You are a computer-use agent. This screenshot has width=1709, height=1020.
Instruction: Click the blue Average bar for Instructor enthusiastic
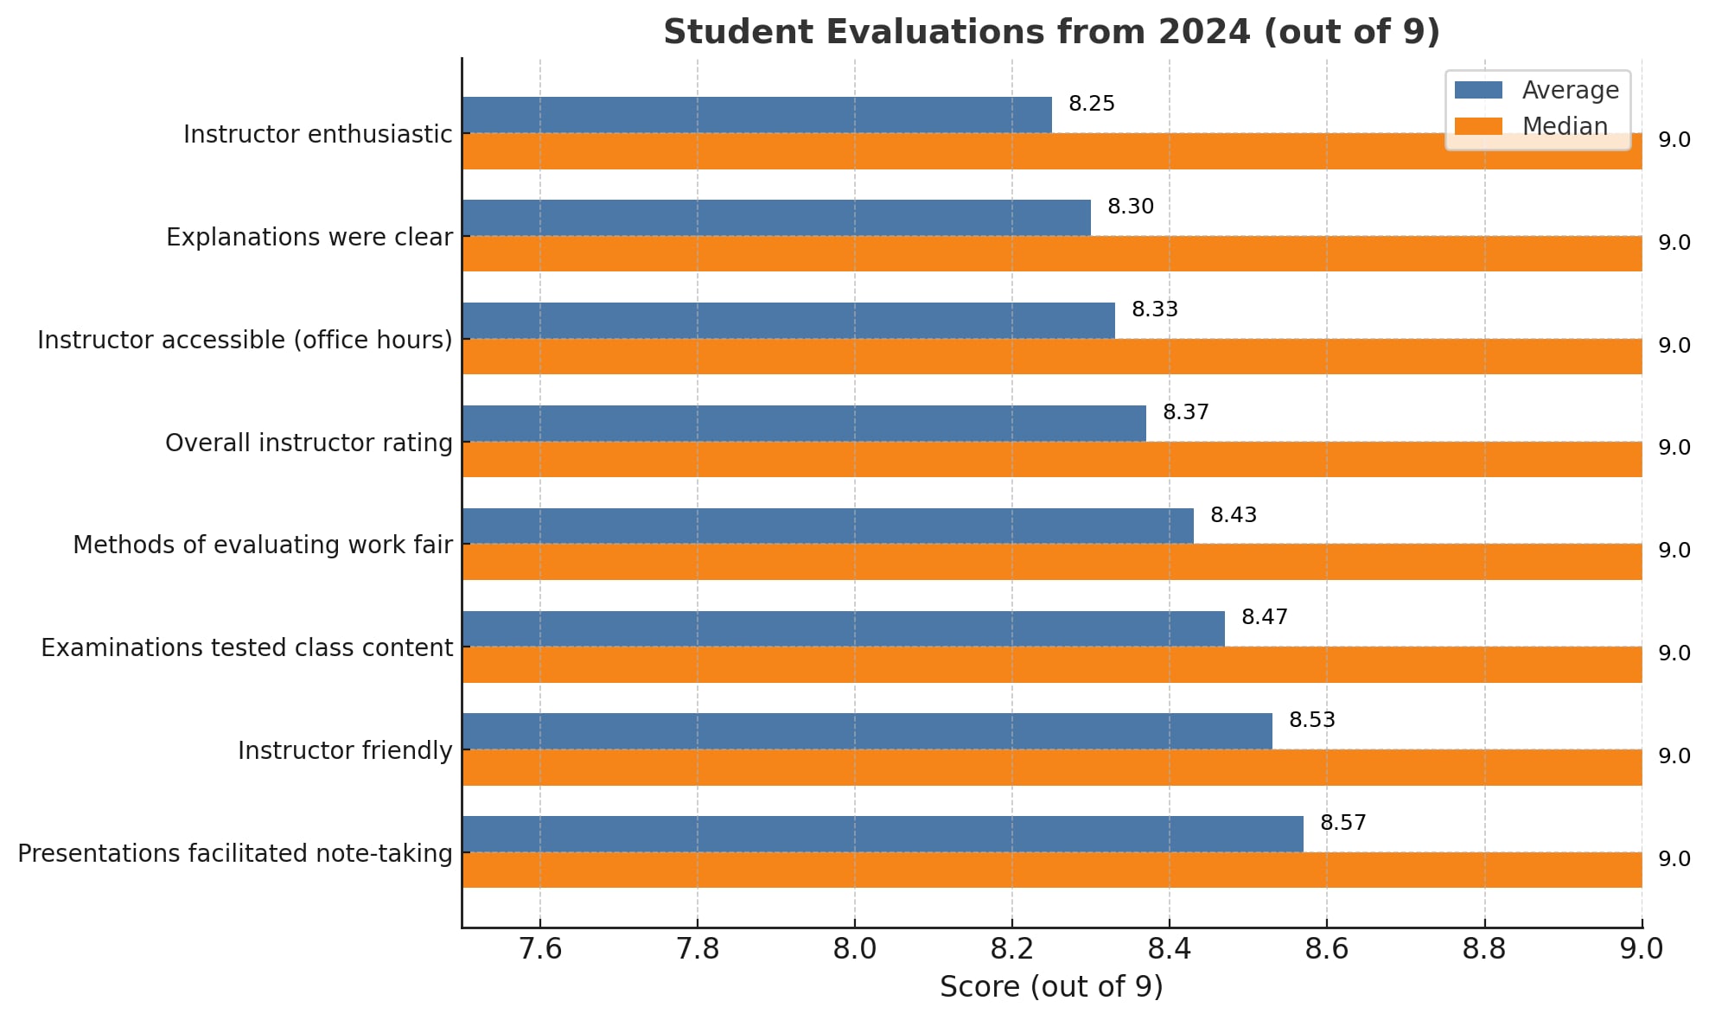(756, 115)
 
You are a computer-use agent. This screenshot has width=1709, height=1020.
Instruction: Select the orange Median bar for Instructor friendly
(1051, 768)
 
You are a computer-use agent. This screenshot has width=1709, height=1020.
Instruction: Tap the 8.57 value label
(1342, 823)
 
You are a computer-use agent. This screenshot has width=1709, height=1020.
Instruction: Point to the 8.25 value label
(1091, 104)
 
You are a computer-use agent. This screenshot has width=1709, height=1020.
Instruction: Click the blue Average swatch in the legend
(1478, 90)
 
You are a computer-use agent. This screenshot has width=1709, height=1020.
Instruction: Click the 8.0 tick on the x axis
(854, 949)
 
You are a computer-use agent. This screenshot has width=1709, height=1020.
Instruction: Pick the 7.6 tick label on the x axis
(539, 949)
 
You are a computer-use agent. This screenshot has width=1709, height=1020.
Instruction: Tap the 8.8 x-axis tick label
(1484, 949)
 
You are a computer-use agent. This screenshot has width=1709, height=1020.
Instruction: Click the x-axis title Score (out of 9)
(1051, 986)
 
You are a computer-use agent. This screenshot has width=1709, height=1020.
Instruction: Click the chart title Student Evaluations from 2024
(1051, 32)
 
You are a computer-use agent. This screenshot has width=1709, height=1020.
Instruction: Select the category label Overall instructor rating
(309, 443)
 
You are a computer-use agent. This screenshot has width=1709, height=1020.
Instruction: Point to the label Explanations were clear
(309, 237)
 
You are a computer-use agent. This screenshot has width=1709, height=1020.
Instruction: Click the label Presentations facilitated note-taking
(235, 853)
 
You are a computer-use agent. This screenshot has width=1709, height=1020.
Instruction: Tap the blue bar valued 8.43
(827, 526)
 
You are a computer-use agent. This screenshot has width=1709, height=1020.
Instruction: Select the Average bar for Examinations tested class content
(843, 628)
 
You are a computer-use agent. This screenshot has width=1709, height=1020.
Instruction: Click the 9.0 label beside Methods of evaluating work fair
(1674, 551)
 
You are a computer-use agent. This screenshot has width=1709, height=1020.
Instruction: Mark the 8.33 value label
(1154, 309)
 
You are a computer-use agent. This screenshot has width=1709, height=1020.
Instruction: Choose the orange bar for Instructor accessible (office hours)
(1051, 356)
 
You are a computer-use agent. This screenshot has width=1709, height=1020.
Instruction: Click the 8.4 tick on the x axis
(1169, 949)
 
